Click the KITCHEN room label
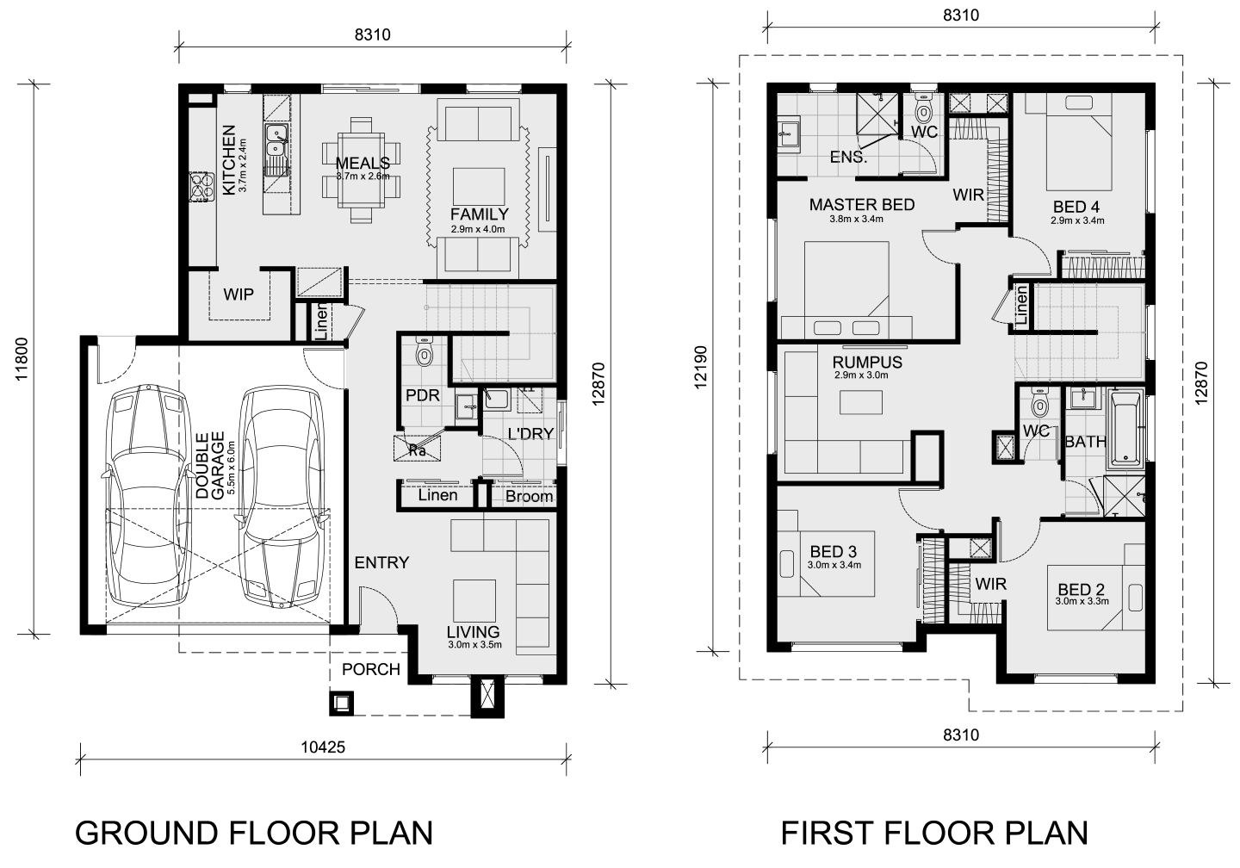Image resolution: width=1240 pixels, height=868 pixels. pyautogui.click(x=229, y=160)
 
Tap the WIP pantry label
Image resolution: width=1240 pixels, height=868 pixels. pyautogui.click(x=239, y=294)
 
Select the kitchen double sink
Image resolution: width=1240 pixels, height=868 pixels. pyautogui.click(x=276, y=141)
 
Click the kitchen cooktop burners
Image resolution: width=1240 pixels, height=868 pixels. pyautogui.click(x=201, y=186)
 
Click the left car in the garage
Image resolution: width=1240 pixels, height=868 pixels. pyautogui.click(x=146, y=497)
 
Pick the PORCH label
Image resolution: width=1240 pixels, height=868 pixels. pyautogui.click(x=371, y=669)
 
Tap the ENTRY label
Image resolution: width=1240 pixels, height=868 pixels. pyautogui.click(x=381, y=562)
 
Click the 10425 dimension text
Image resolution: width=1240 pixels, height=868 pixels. pyautogui.click(x=323, y=747)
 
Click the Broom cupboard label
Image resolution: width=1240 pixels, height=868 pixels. pyautogui.click(x=530, y=496)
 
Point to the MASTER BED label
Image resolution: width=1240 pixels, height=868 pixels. pyautogui.click(x=862, y=205)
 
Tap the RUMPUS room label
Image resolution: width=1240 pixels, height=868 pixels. pyautogui.click(x=867, y=363)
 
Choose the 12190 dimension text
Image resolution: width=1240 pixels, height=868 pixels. pyautogui.click(x=700, y=368)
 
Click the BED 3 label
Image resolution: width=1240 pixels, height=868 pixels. pyautogui.click(x=834, y=551)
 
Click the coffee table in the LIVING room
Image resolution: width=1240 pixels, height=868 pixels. pyautogui.click(x=474, y=601)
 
